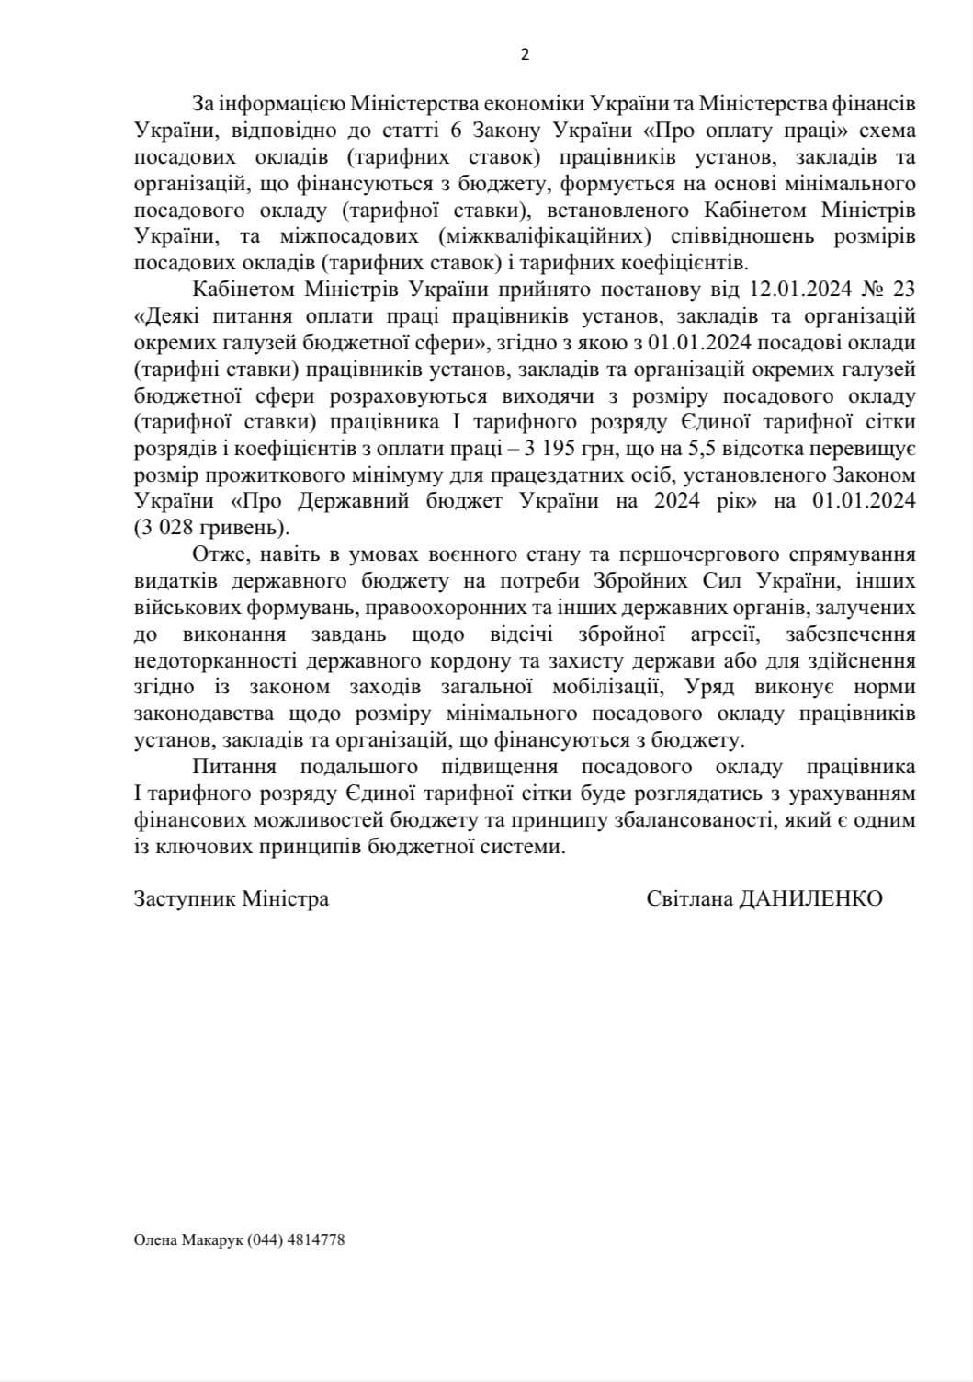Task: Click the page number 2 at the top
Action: [x=525, y=54]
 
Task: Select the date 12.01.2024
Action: [x=783, y=289]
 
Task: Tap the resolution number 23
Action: [x=904, y=289]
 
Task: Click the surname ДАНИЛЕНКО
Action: [x=816, y=898]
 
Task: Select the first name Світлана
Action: [x=689, y=898]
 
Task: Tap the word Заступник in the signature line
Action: [x=186, y=898]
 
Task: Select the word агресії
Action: [x=727, y=634]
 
